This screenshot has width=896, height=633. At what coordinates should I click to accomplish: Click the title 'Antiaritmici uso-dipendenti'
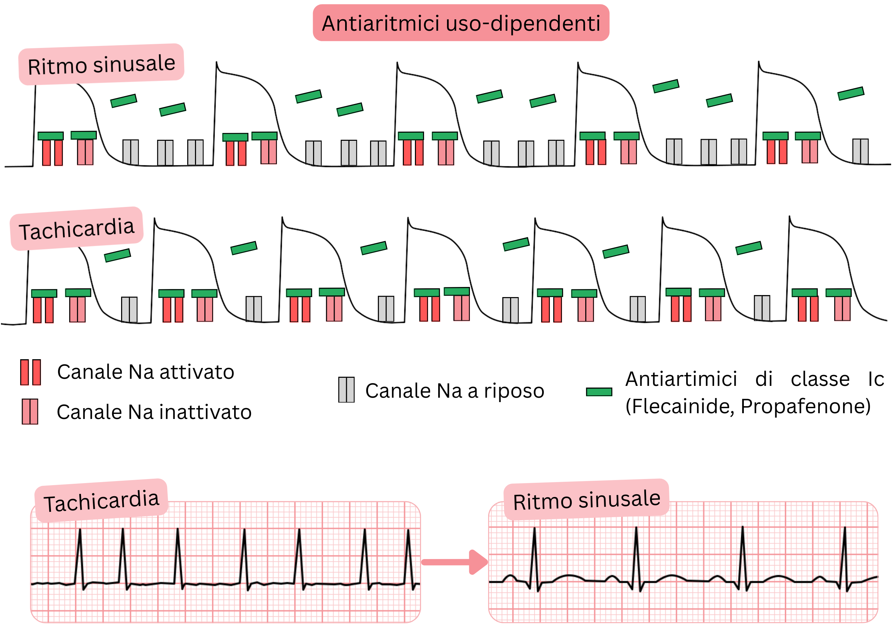(x=460, y=23)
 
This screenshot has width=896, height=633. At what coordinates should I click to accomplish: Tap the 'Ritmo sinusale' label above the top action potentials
(x=102, y=64)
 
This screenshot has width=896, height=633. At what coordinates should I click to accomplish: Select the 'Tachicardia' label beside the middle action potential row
(x=77, y=229)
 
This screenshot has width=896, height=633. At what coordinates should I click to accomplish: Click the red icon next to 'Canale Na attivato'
(x=30, y=372)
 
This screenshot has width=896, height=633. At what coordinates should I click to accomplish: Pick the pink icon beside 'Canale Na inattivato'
(x=30, y=412)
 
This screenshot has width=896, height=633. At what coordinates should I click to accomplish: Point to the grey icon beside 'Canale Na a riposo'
(x=346, y=390)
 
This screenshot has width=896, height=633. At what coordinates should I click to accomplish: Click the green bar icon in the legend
(x=599, y=392)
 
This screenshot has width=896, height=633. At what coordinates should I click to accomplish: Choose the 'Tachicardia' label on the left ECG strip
(x=102, y=501)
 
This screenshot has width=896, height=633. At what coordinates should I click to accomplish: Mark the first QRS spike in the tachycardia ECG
(x=80, y=555)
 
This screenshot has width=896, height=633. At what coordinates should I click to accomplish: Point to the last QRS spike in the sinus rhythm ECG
(x=845, y=555)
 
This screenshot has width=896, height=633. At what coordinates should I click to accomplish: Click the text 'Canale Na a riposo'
(x=455, y=391)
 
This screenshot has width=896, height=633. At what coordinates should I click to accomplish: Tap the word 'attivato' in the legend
(x=197, y=372)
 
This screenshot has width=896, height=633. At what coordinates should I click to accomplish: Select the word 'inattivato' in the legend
(x=206, y=412)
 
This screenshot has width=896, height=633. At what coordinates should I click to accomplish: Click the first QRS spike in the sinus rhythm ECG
(x=535, y=555)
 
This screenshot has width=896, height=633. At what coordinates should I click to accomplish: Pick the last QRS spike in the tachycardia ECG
(x=409, y=555)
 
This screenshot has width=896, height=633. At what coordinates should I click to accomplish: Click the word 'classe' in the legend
(x=820, y=379)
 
